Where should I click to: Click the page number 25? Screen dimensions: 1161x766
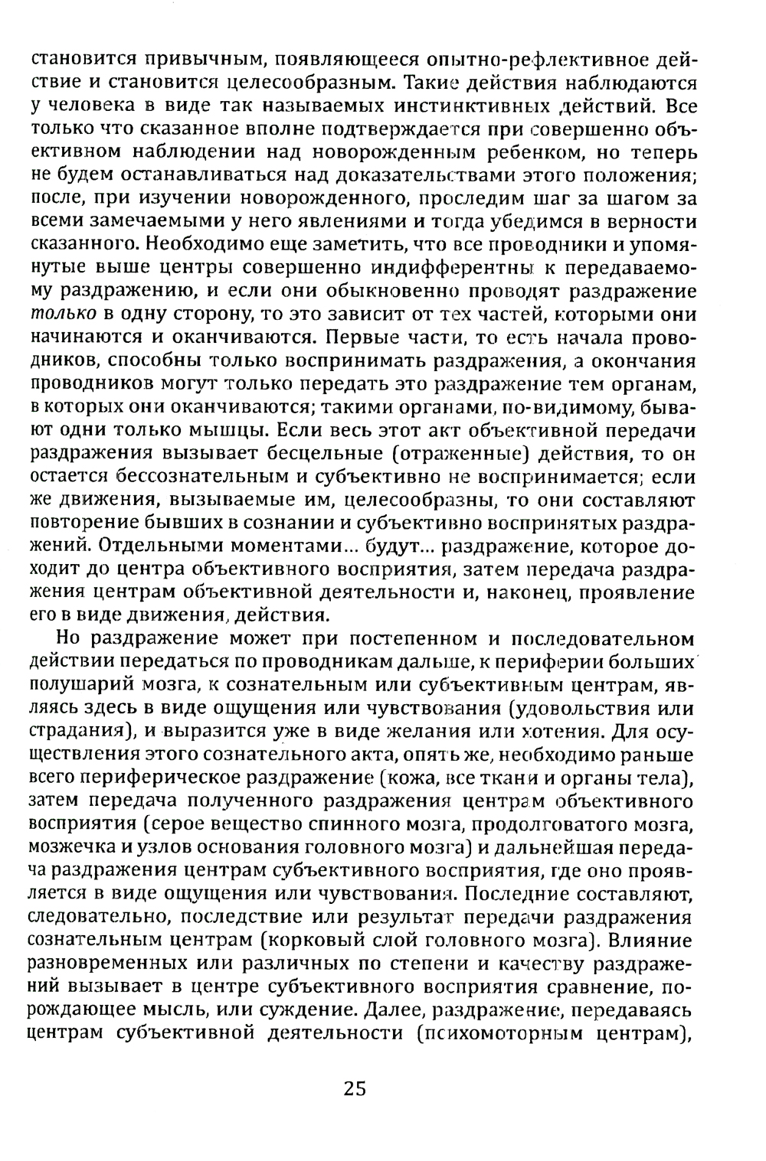pos(355,1088)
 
